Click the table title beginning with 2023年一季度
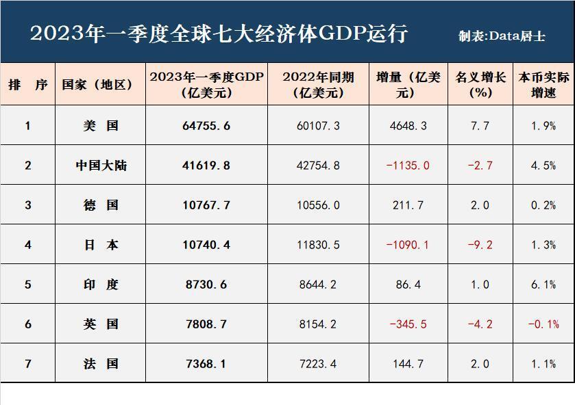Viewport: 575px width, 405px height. (219, 34)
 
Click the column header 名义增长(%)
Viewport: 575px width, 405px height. (480, 85)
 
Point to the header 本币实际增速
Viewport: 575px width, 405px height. (543, 85)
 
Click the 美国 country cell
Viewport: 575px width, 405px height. (101, 126)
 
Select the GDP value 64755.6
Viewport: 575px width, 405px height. (206, 126)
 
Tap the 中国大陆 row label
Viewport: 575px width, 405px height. (101, 166)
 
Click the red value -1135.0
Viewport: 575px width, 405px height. (408, 166)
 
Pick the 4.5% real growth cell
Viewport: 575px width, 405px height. (543, 166)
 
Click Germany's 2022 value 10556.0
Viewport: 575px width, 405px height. (317, 205)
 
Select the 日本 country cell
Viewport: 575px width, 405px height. (101, 245)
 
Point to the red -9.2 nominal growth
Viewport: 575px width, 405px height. (480, 245)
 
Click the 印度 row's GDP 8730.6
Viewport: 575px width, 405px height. (206, 285)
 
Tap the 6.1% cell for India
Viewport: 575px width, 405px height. (543, 285)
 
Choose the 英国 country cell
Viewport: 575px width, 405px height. (101, 324)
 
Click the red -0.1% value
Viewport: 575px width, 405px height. (543, 324)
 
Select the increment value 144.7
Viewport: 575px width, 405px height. (408, 364)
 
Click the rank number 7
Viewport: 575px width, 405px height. (28, 364)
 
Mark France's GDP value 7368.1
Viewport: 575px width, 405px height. (206, 364)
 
